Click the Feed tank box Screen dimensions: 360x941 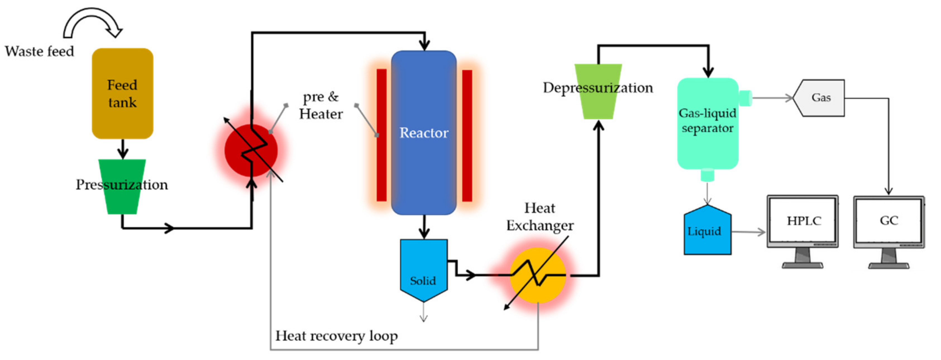[122, 94]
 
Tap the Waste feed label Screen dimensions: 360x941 [39, 51]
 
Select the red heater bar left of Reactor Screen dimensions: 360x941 [381, 135]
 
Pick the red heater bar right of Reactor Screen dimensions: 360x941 [467, 135]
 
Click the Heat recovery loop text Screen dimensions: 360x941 [336, 335]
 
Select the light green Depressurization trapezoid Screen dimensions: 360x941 [598, 106]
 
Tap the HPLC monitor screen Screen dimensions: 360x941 [802, 220]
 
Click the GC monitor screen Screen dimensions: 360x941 [889, 220]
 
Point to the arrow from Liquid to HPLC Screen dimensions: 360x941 [749, 232]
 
